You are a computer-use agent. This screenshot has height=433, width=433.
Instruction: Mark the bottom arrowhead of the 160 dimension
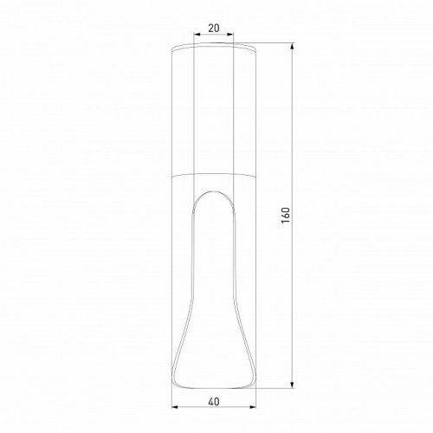(294, 385)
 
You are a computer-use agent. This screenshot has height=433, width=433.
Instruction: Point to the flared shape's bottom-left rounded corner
(178, 380)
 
